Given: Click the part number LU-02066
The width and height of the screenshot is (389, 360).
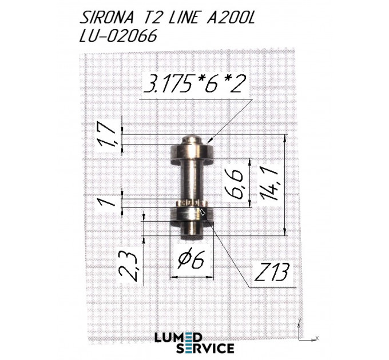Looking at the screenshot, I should [x=118, y=35].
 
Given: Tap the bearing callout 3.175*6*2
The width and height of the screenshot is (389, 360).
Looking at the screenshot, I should [x=195, y=85].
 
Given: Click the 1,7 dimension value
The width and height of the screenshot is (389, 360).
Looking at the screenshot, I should [x=111, y=134].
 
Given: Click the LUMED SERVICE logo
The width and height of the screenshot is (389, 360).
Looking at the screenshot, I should [x=194, y=342].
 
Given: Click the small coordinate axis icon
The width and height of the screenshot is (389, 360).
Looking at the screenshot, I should [x=304, y=331].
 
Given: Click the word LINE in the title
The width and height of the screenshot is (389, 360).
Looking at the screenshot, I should [x=183, y=18].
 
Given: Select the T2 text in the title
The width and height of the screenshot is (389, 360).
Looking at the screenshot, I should [x=149, y=18].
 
